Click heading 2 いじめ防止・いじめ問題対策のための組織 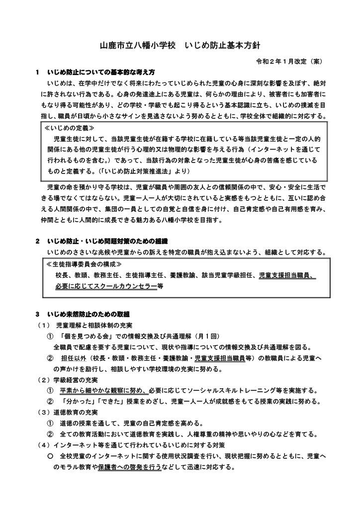tap(104, 242)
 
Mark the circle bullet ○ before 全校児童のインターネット tap(50, 456)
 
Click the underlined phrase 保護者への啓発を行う tap(129, 467)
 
